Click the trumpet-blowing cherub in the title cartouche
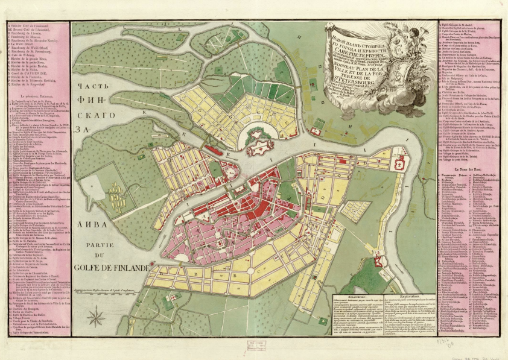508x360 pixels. coord(414,36)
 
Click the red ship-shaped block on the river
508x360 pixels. coord(215,148)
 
